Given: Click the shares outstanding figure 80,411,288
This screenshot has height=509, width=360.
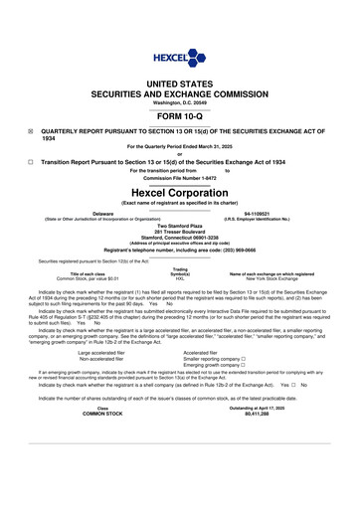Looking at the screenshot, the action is pyautogui.click(x=257, y=468).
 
